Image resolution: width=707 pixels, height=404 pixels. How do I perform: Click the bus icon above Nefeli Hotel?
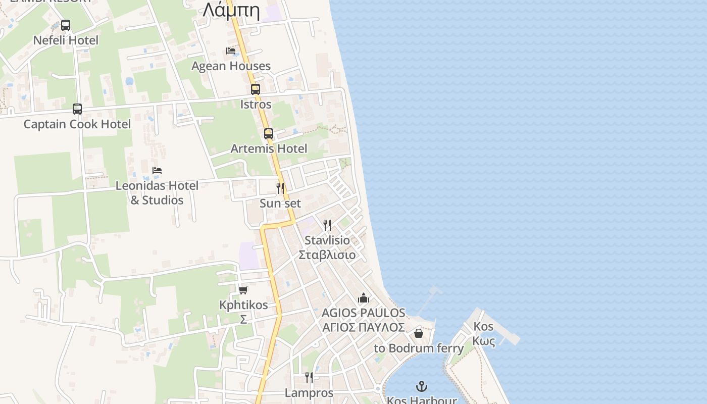click(66, 25)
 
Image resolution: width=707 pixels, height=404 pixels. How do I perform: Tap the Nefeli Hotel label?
click(66, 40)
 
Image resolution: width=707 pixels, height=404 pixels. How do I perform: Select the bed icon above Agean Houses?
click(231, 51)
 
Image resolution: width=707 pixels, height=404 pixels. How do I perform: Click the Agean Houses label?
click(231, 66)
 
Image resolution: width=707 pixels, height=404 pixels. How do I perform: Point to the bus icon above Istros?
click(256, 89)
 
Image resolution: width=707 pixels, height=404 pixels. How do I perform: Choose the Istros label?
click(256, 105)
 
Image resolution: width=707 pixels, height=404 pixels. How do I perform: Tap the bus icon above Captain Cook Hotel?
click(77, 109)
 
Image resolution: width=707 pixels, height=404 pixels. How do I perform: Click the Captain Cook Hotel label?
click(77, 124)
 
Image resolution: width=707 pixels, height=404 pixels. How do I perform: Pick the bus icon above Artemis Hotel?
click(269, 134)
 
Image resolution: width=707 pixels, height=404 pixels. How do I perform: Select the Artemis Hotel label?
click(269, 149)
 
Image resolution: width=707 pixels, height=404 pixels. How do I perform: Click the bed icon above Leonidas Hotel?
click(157, 171)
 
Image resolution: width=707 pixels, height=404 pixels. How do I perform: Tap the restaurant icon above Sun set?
click(280, 188)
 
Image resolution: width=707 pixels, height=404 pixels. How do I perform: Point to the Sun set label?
click(280, 204)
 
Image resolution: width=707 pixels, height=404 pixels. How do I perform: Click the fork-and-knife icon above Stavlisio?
click(327, 225)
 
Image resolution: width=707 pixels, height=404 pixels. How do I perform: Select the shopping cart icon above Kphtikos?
click(243, 290)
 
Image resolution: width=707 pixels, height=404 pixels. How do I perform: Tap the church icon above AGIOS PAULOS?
click(364, 298)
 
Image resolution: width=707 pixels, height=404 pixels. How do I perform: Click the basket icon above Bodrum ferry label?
click(419, 333)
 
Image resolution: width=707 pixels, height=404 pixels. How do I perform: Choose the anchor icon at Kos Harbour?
click(422, 387)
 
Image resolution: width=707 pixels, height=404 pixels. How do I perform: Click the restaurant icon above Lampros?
click(309, 378)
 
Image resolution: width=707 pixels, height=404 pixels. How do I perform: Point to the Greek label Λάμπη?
click(231, 10)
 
